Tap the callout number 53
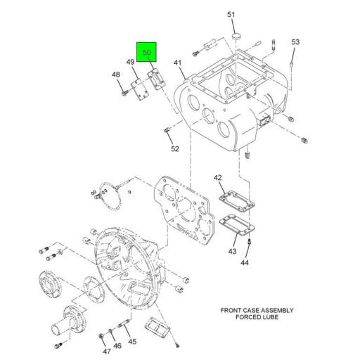coord(295,42)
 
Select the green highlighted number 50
coord(148,53)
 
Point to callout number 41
coord(178,63)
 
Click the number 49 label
coord(131,63)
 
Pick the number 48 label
coord(116,75)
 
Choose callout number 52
coord(175,148)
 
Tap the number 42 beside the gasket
coord(218,178)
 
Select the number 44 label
coord(245,263)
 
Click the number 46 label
coord(117,346)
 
